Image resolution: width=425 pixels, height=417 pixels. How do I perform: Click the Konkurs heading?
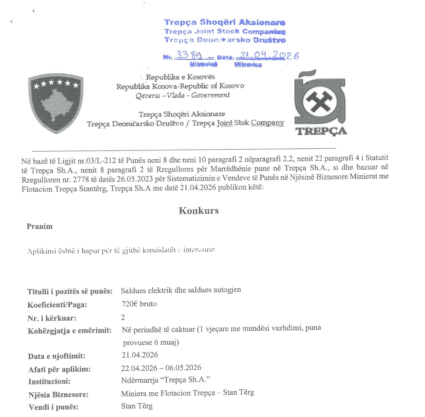[198, 210]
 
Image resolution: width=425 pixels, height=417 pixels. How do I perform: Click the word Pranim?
[39, 226]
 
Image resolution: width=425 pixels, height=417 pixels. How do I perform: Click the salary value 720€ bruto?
[139, 304]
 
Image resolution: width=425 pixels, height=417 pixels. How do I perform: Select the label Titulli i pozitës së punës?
[70, 292]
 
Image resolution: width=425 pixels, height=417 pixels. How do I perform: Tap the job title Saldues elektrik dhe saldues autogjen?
[181, 290]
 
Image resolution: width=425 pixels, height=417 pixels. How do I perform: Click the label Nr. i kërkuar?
[52, 318]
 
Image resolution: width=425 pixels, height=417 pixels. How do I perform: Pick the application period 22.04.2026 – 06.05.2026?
[161, 368]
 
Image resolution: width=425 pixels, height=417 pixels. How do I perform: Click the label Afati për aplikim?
[59, 369]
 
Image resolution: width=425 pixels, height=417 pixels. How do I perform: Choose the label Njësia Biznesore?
[58, 395]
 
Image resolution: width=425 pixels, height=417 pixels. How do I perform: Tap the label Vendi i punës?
[53, 407]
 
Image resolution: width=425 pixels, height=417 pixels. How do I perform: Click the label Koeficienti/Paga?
[57, 305]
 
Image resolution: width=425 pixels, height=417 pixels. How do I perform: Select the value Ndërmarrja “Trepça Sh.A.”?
[165, 380]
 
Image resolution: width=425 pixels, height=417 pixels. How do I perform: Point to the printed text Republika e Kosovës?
[180, 77]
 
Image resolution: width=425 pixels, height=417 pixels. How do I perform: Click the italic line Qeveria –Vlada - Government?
[182, 95]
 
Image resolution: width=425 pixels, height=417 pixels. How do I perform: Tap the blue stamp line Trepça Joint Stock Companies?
[224, 32]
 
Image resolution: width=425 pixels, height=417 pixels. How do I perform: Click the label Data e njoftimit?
[57, 356]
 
